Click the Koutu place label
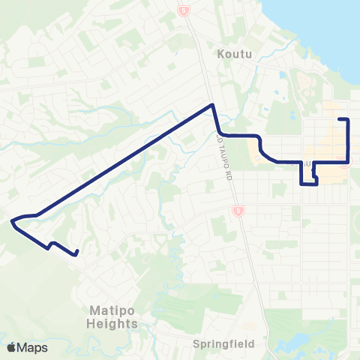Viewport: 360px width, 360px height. point(232,53)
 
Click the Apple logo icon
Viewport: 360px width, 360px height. point(11,347)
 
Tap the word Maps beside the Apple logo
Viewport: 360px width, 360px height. point(31,347)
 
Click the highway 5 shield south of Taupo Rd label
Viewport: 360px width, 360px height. point(237,212)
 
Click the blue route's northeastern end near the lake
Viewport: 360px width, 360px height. point(340,119)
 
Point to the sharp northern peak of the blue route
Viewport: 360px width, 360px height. point(213,105)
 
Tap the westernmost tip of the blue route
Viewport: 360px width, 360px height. point(12,220)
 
